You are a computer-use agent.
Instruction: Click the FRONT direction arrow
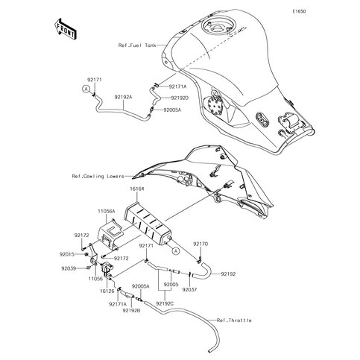(65, 28)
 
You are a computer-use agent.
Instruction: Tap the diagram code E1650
(299, 11)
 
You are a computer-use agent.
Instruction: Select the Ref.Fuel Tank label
(137, 45)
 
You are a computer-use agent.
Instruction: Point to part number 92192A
(123, 97)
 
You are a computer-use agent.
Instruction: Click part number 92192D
(180, 98)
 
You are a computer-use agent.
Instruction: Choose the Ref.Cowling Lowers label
(98, 176)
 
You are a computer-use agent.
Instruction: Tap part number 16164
(136, 189)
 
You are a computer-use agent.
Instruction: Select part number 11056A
(107, 211)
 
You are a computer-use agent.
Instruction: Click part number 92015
(66, 254)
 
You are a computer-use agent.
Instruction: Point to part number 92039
(69, 268)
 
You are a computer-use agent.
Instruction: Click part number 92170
(200, 244)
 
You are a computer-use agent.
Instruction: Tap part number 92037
(189, 290)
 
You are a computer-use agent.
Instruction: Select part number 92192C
(165, 303)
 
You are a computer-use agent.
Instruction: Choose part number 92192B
(131, 310)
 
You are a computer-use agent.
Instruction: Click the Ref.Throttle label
(234, 320)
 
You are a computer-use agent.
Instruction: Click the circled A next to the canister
(176, 251)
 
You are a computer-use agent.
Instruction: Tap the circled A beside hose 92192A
(86, 89)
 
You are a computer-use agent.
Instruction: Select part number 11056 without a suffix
(95, 279)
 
